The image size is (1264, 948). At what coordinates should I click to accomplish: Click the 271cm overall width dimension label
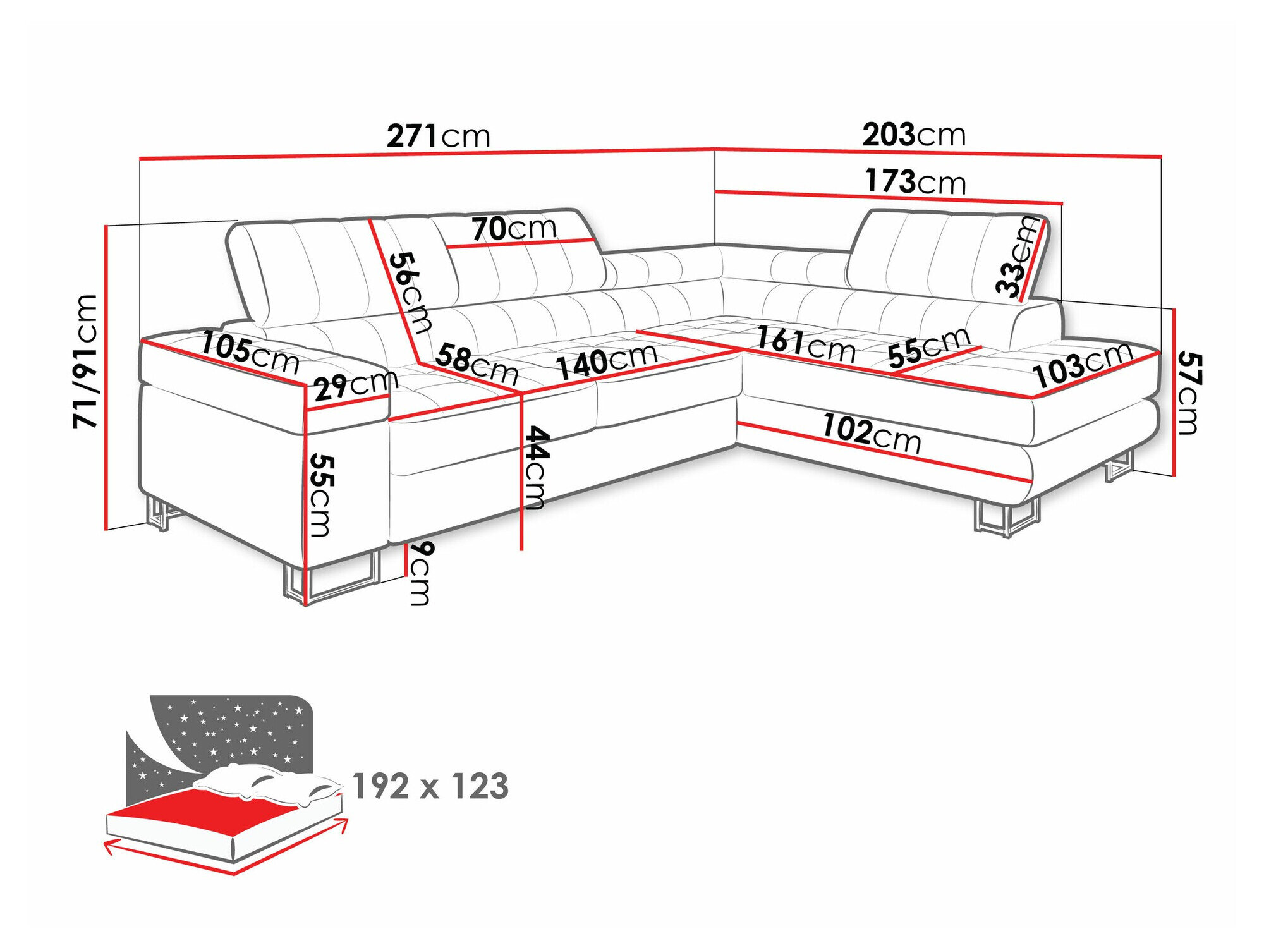pos(438,135)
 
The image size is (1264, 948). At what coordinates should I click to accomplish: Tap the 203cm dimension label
pos(914,134)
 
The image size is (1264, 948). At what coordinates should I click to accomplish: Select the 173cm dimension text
pos(915,181)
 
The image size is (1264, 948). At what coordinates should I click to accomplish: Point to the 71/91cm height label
pos(85,362)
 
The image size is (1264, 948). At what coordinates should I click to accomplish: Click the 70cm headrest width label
pos(514,228)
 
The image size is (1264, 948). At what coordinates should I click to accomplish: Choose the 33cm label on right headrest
pos(1016,257)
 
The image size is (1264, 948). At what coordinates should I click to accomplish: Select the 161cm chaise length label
pos(806,344)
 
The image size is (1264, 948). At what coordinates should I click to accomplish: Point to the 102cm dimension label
pos(872,433)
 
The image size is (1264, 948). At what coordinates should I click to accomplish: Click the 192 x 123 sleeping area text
pos(430,786)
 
